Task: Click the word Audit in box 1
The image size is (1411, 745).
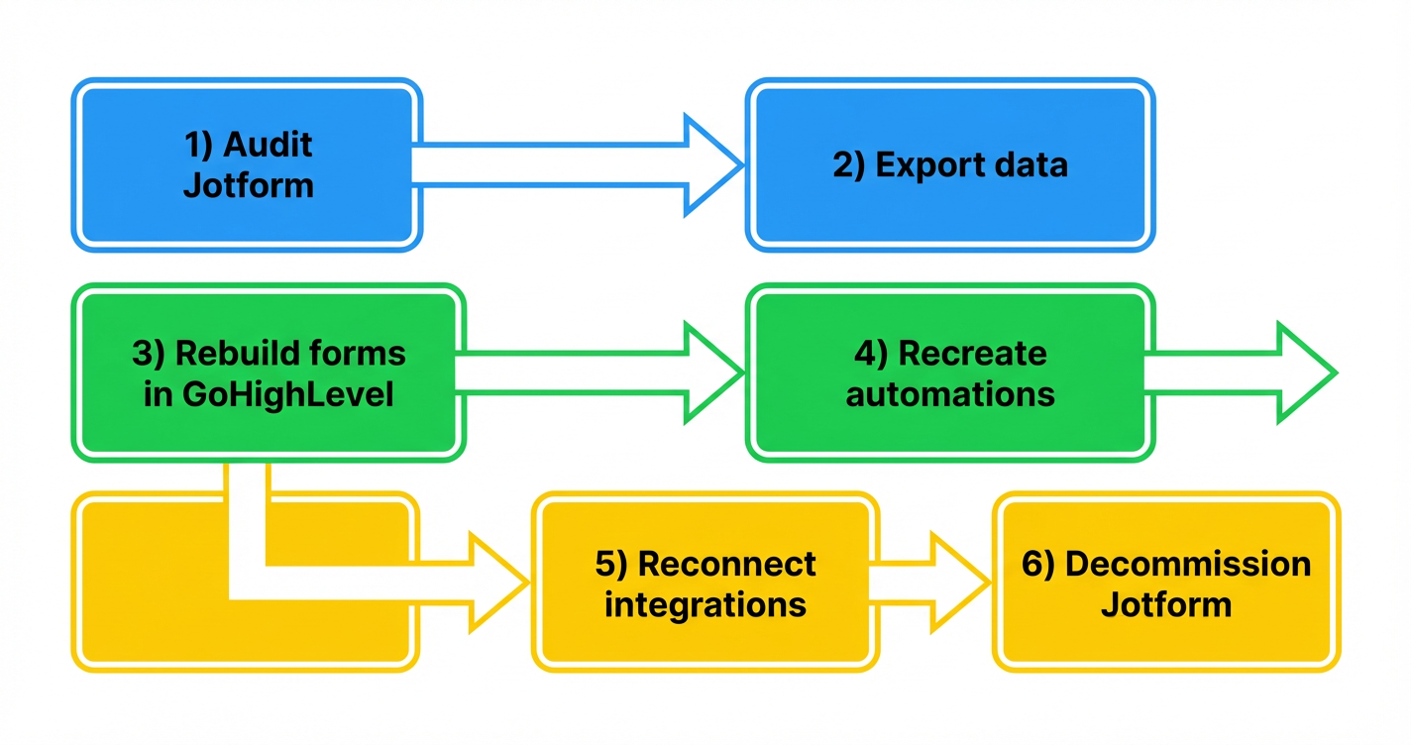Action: [x=268, y=145]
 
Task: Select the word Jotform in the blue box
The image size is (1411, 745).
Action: [x=249, y=185]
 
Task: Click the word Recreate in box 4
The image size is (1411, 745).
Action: [x=972, y=353]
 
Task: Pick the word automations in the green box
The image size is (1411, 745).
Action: [x=950, y=394]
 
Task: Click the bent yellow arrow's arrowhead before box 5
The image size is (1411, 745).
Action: [x=495, y=582]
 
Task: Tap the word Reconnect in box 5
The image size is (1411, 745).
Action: [x=727, y=563]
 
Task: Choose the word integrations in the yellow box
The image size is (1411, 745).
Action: [x=705, y=604]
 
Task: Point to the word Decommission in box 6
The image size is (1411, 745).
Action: [x=1188, y=563]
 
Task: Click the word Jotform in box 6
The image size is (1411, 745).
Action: [x=1166, y=604]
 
